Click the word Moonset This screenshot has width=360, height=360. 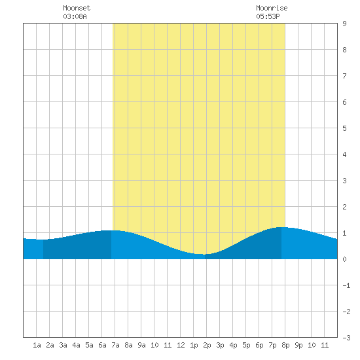[77, 8]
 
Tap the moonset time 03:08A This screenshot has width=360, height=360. [75, 16]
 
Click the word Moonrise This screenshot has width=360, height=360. [272, 8]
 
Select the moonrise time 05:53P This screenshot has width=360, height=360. [268, 16]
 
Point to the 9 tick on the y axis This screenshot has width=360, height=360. [344, 24]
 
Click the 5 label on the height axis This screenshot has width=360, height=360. [344, 128]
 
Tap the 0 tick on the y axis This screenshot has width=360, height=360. [344, 259]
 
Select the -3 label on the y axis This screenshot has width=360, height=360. [346, 338]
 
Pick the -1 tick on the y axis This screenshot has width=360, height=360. [346, 285]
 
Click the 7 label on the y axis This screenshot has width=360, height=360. [344, 76]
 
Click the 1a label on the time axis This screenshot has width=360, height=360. [37, 345]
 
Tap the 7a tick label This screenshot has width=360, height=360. [115, 345]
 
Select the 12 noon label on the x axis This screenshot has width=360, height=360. [181, 345]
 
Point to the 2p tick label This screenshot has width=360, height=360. [207, 345]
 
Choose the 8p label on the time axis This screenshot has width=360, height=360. [285, 345]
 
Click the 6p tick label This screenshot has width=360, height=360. [259, 345]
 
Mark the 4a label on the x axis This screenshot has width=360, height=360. [76, 345]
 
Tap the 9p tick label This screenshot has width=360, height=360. [298, 345]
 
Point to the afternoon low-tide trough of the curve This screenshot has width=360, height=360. [204, 254]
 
